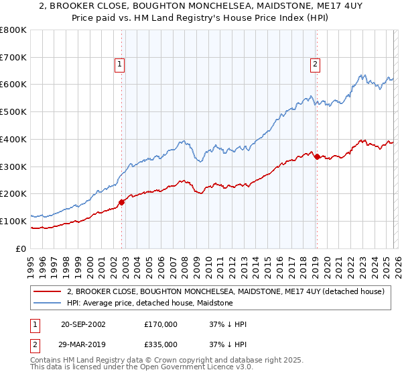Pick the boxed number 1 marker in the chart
point(119,64)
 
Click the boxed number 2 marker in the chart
point(315,64)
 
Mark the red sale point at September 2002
point(121,201)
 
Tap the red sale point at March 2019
point(316,156)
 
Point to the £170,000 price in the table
point(161,324)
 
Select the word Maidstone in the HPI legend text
point(214,303)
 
